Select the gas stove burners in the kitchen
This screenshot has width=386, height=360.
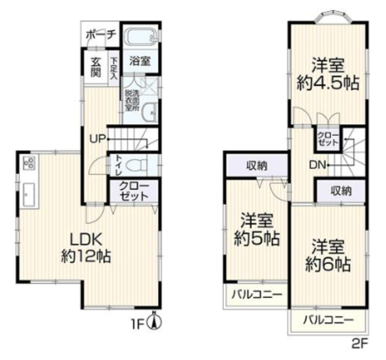tap(30, 162)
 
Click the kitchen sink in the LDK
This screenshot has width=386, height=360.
tap(29, 194)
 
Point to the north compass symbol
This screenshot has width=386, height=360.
tap(154, 322)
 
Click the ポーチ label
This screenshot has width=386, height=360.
tap(101, 35)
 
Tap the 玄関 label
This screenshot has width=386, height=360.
tap(96, 67)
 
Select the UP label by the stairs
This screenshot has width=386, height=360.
tap(98, 139)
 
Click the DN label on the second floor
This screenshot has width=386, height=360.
tap(317, 165)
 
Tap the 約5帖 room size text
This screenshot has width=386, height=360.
tap(257, 238)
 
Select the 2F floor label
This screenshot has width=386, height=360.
tap(360, 344)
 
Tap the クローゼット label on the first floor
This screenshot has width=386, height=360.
tap(134, 192)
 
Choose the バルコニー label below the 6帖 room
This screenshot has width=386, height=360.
tap(328, 320)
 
